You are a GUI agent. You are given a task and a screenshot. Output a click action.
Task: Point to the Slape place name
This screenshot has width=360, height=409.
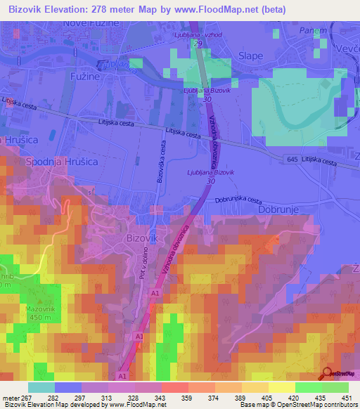tap(250, 56)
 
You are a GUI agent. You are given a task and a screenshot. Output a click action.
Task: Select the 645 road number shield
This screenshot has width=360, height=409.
tap(292, 160)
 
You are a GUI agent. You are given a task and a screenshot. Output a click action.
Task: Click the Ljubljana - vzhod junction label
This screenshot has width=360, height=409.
tap(198, 34)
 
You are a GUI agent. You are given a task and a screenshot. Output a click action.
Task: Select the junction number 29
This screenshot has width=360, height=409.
tap(198, 44)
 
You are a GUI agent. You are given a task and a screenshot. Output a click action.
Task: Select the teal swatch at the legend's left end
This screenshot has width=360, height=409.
tap(41, 387)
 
